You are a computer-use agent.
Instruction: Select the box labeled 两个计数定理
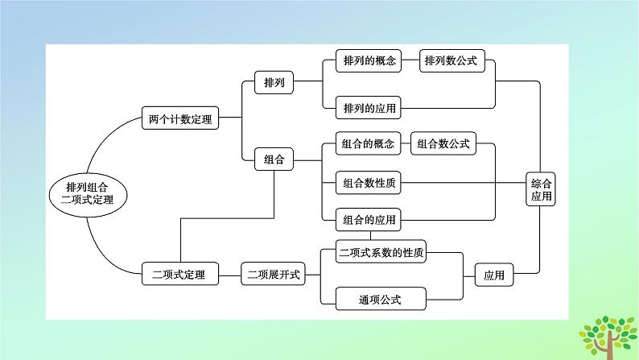coord(180,119)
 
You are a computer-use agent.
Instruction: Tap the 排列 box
coord(274,82)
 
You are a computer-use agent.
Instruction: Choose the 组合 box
coord(274,159)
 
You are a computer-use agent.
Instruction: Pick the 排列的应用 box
coord(369,106)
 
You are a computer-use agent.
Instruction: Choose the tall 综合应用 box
coord(542,190)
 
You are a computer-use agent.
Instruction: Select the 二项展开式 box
coord(273,275)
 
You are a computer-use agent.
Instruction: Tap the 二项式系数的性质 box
coord(381,252)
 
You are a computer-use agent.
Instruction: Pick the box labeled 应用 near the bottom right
coord(494,275)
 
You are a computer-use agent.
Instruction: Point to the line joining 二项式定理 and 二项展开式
coord(229,275)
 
